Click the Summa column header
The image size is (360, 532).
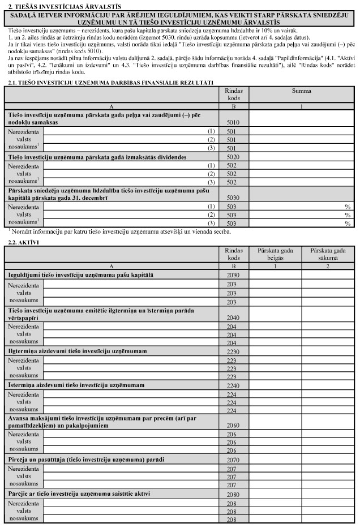(x=301, y=91)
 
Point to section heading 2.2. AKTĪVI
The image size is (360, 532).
(x=21, y=242)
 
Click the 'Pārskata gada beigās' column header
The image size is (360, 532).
(x=275, y=254)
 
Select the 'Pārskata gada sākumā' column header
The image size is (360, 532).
(x=327, y=254)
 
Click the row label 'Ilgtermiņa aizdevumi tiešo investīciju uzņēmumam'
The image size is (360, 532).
(x=77, y=351)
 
